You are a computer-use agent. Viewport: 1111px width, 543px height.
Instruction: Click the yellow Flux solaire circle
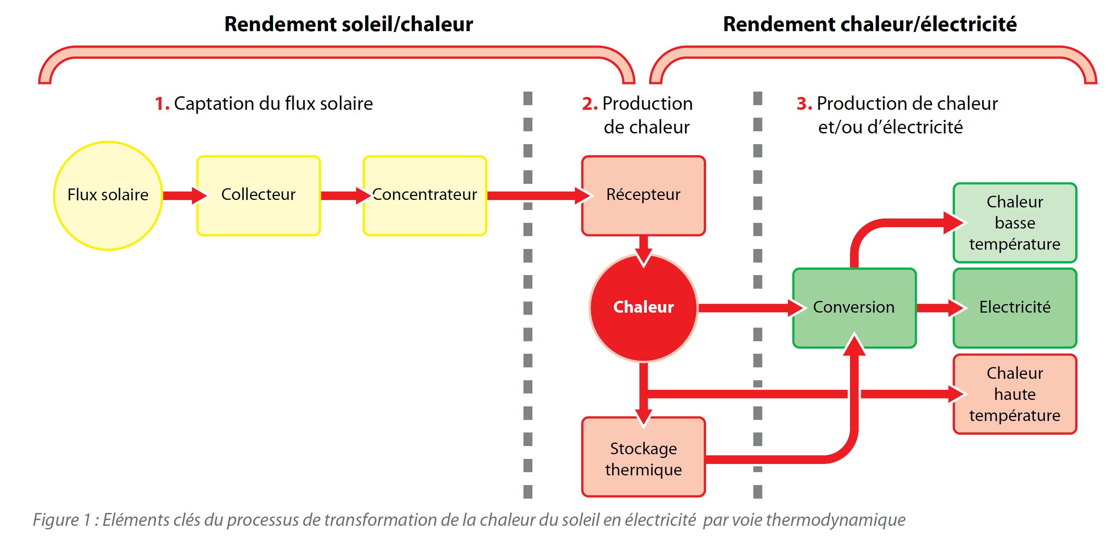[108, 195]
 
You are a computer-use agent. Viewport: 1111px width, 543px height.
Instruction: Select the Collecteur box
[259, 195]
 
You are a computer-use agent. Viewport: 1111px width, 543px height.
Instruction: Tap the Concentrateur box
[425, 195]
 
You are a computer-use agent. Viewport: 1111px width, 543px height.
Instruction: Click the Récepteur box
[643, 195]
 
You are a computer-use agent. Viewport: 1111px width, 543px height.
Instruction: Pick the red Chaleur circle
[643, 307]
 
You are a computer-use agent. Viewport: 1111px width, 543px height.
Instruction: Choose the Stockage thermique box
[643, 457]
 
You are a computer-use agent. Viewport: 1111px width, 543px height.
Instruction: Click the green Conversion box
[854, 307]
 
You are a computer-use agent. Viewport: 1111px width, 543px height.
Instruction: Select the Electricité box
[1014, 307]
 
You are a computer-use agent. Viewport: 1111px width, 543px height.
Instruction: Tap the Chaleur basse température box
[1014, 223]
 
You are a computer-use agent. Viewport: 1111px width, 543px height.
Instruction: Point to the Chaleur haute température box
[1014, 394]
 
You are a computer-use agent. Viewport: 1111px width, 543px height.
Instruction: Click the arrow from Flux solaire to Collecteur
[183, 196]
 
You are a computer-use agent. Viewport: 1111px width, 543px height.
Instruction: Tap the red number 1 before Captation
[161, 104]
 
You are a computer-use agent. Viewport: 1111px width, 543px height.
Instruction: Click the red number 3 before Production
[803, 104]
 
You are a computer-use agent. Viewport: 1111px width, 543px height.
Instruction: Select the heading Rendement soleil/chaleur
[348, 24]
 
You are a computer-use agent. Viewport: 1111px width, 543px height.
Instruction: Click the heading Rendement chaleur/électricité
[869, 24]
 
